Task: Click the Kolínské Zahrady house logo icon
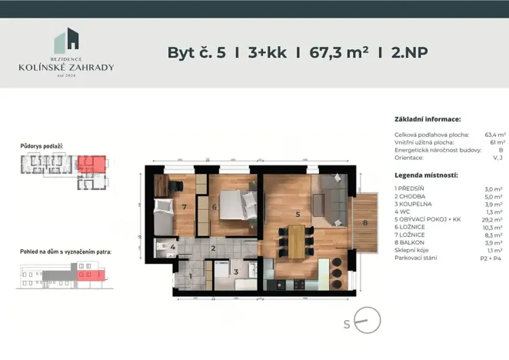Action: tap(66, 42)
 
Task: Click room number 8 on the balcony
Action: tap(365, 223)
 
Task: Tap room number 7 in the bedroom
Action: tap(185, 206)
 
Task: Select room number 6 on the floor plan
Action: tap(216, 206)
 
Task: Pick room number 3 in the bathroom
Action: tap(236, 271)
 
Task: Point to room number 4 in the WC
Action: tap(173, 248)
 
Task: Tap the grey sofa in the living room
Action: tap(331, 197)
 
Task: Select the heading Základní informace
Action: tap(427, 120)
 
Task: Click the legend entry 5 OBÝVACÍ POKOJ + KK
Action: tap(427, 219)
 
